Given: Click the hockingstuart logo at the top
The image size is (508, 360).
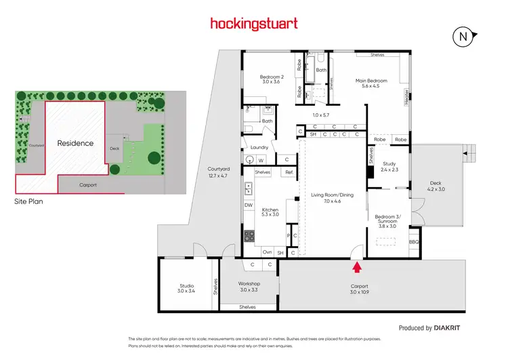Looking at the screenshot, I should click(253, 24).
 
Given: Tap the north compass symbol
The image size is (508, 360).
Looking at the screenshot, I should click(463, 37).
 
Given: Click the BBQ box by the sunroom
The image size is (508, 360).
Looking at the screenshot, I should click(414, 241).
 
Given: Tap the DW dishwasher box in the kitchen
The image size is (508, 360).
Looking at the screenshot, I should click(249, 205).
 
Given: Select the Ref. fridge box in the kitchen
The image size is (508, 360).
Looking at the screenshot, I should click(289, 172).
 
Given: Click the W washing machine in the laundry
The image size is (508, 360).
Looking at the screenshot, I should click(260, 160).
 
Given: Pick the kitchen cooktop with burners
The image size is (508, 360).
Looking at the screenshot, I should click(249, 237).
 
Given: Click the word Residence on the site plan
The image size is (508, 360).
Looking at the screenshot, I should click(75, 143).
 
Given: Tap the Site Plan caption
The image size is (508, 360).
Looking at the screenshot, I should click(30, 201).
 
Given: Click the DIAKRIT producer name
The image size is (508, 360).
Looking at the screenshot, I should click(448, 327).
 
